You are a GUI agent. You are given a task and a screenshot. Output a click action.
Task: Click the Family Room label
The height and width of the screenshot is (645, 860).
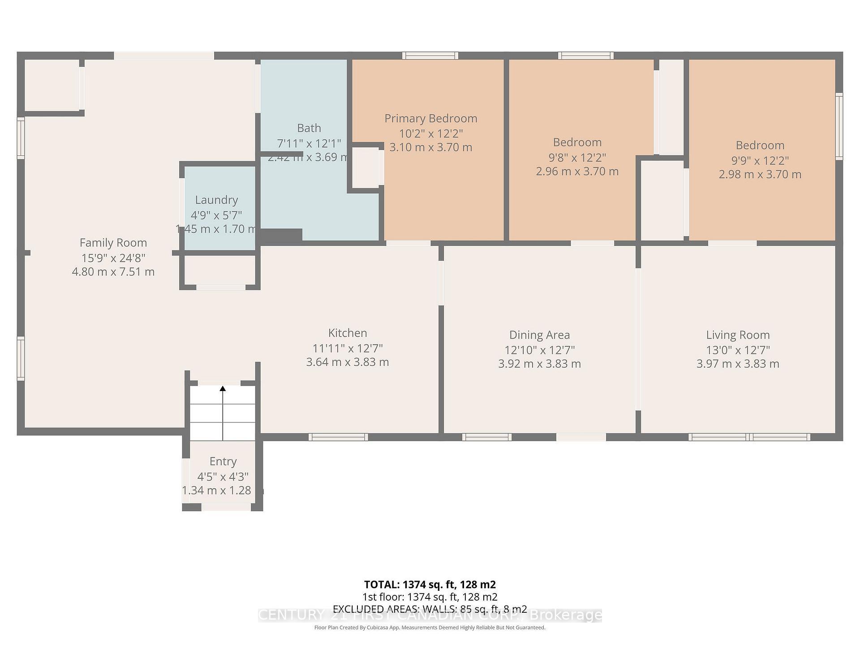pyautogui.click(x=113, y=243)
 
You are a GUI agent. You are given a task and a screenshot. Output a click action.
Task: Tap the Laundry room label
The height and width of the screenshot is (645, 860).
pyautogui.click(x=216, y=200)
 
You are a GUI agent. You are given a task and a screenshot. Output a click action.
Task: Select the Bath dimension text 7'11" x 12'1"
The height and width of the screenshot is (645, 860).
pyautogui.click(x=309, y=143)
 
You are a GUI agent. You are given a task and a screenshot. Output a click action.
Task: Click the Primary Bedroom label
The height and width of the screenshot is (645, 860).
pyautogui.click(x=431, y=118)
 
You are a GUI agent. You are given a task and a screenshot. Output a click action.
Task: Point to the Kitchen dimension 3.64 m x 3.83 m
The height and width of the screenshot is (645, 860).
pyautogui.click(x=348, y=362)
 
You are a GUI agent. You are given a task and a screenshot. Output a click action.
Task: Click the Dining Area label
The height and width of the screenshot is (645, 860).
pyautogui.click(x=539, y=335)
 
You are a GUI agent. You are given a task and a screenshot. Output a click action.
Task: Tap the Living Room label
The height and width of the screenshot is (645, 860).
pyautogui.click(x=738, y=335)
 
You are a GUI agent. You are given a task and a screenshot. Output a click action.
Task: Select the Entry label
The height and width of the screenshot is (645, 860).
pyautogui.click(x=223, y=461)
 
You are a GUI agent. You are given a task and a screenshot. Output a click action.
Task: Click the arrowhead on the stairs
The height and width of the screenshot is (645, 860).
pyautogui.click(x=223, y=388)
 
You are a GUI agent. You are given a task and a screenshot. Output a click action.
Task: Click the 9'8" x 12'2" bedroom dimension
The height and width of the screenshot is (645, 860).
pyautogui.click(x=577, y=157)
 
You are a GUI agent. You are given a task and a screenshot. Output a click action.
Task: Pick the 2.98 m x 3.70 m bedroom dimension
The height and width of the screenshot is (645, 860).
pyautogui.click(x=760, y=174)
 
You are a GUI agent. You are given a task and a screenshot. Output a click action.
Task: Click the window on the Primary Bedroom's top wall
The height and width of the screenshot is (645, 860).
pyautogui.click(x=430, y=56)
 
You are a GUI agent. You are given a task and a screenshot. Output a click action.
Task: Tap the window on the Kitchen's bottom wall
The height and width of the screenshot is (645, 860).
pyautogui.click(x=338, y=437)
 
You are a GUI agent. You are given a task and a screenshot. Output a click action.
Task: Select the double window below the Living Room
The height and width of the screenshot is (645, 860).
pyautogui.click(x=749, y=437)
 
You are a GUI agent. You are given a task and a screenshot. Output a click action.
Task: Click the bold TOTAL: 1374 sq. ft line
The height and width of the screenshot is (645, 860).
pyautogui.click(x=430, y=585)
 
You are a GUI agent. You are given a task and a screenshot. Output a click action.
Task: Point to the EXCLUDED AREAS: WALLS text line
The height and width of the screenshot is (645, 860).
pyautogui.click(x=430, y=609)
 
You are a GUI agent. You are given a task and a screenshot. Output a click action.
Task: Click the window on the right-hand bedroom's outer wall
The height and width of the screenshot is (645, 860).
pyautogui.click(x=839, y=126)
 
